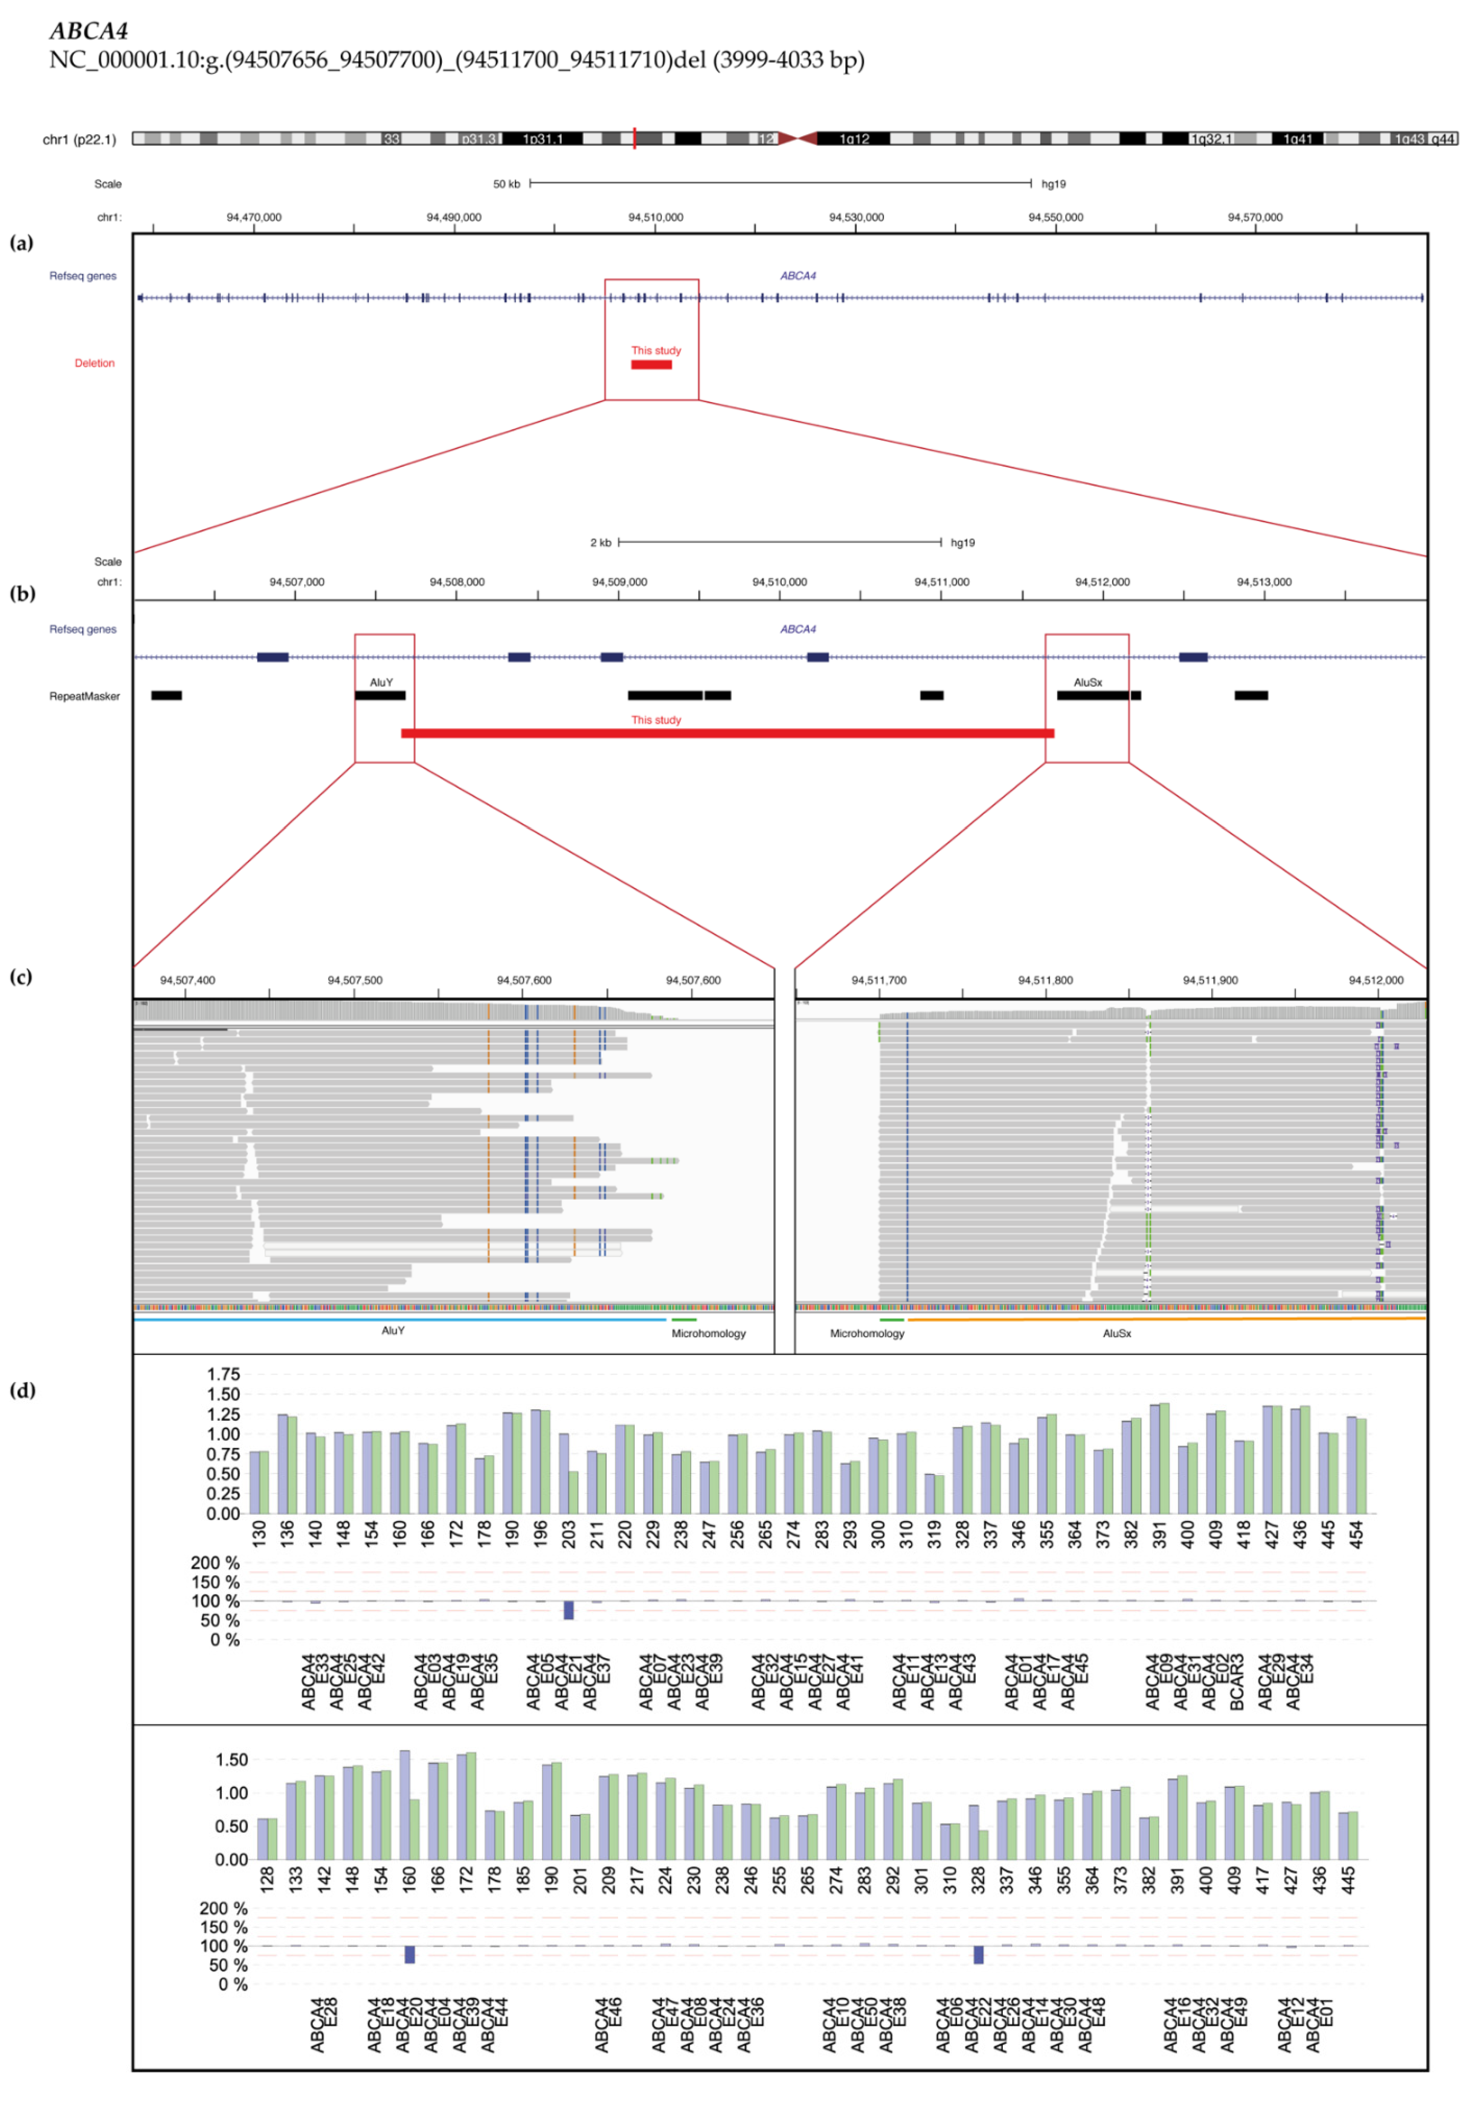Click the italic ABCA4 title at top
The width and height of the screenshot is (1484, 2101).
coord(89,31)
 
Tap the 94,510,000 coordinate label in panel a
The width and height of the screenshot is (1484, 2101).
coord(655,218)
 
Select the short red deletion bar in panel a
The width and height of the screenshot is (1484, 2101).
coord(651,365)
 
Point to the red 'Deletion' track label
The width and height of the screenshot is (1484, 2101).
coord(95,363)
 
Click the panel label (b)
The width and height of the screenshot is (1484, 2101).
coord(22,593)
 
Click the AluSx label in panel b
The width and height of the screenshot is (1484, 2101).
coord(1088,683)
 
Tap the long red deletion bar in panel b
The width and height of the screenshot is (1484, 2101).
coord(727,733)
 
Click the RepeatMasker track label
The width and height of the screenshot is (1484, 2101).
coord(84,696)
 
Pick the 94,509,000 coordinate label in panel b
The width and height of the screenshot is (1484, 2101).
coord(619,582)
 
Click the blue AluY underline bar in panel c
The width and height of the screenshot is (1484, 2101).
coord(400,1320)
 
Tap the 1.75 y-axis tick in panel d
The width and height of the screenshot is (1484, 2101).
coord(223,1374)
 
